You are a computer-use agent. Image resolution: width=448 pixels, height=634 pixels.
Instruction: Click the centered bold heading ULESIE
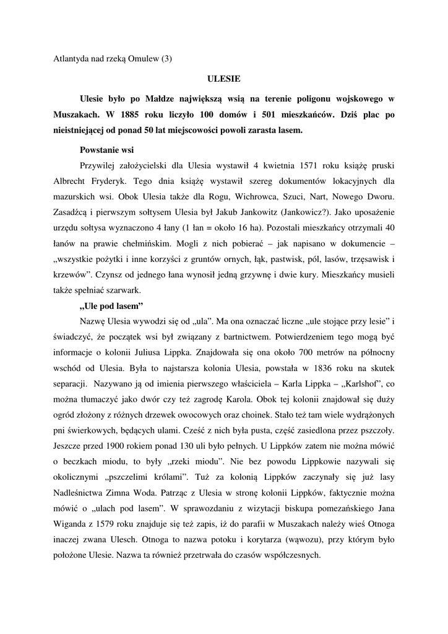[223, 79]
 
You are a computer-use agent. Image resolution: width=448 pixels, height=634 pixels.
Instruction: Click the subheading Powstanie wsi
[107, 150]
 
